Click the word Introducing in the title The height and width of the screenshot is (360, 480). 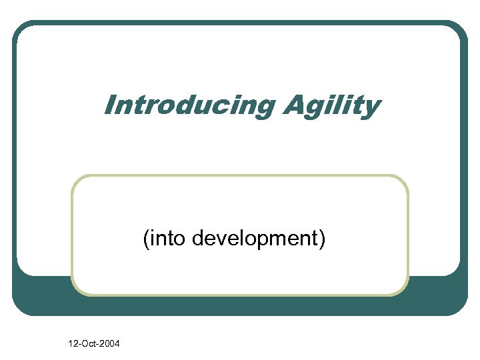click(x=189, y=105)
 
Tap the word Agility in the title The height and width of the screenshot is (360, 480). click(x=331, y=105)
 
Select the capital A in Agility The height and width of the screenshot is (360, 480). click(x=293, y=105)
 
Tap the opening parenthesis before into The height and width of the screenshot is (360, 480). click(x=145, y=239)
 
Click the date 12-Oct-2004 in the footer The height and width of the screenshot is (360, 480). click(x=93, y=344)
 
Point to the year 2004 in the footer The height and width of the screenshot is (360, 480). click(x=110, y=344)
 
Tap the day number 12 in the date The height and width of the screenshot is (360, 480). click(x=72, y=344)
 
